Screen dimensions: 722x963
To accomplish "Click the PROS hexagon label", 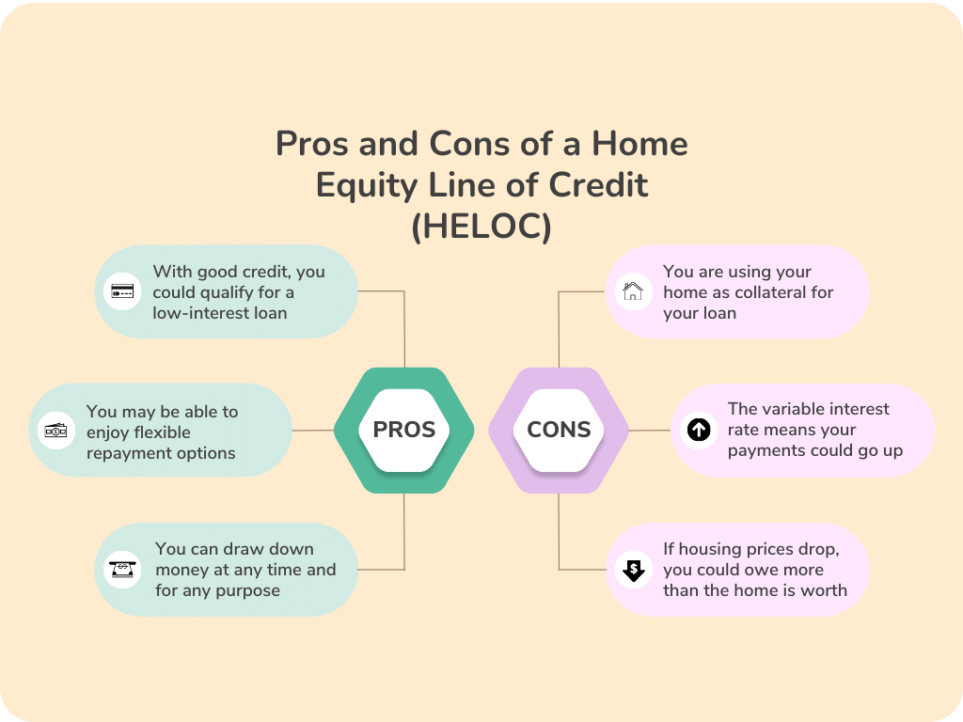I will tap(404, 430).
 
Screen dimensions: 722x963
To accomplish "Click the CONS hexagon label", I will tap(559, 430).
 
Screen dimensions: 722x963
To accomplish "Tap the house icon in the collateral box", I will tap(633, 291).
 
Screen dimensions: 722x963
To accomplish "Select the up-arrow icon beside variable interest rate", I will tap(698, 430).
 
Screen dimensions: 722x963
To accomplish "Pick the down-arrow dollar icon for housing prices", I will tap(633, 570).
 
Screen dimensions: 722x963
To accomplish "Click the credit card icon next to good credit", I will tap(122, 291).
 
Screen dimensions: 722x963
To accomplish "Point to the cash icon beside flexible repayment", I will tap(55, 431).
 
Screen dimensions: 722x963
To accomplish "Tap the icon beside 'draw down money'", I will tap(122, 570).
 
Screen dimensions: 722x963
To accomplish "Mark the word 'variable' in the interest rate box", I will tap(796, 409).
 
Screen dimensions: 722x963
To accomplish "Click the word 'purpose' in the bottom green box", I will tap(247, 590).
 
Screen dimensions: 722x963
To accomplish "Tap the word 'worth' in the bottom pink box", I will tap(824, 590).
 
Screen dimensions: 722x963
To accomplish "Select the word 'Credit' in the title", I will tap(601, 186).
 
